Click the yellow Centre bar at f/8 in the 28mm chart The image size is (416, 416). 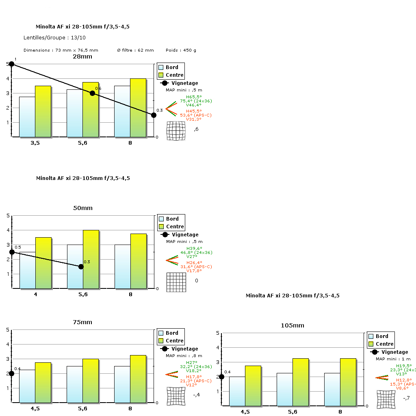(138, 108)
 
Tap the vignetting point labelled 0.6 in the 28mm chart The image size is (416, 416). (92, 93)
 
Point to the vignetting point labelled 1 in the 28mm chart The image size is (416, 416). (11, 64)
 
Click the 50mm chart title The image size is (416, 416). (82, 208)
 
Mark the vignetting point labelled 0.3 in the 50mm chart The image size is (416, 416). (81, 266)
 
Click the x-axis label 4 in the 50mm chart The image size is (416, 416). (36, 295)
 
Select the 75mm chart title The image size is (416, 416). (82, 322)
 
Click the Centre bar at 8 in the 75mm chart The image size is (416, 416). (138, 379)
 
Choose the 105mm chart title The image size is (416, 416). (292, 325)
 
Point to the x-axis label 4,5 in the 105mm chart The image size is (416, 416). (245, 412)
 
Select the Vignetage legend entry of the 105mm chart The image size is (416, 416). (390, 352)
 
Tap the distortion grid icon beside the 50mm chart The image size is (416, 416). (176, 282)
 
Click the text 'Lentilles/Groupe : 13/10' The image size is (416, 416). (55, 38)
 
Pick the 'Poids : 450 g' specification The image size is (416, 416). (181, 50)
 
